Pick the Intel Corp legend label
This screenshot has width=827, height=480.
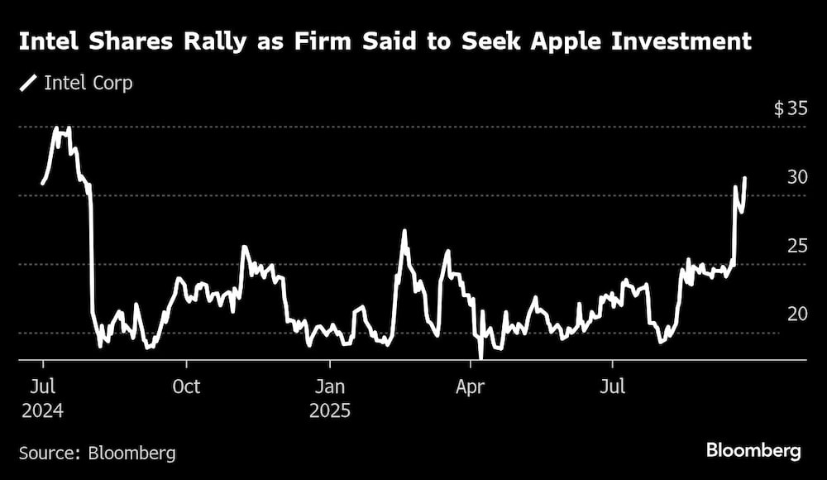point(88,83)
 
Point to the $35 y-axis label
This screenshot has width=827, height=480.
point(790,108)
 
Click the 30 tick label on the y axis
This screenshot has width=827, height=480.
point(796,177)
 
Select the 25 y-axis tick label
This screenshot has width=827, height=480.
point(796,246)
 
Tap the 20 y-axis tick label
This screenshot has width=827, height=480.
point(796,314)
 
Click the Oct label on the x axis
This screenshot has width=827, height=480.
point(187,386)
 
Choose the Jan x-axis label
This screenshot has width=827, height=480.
point(330,386)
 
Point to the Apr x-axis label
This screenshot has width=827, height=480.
point(471,386)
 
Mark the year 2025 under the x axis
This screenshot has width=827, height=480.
point(330,410)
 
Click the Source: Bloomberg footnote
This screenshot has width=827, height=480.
point(97,453)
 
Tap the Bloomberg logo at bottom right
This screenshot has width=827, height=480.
point(753,451)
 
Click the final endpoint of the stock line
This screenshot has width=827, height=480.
point(745,178)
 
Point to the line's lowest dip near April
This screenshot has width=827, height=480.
point(480,358)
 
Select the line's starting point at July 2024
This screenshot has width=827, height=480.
point(42,183)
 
